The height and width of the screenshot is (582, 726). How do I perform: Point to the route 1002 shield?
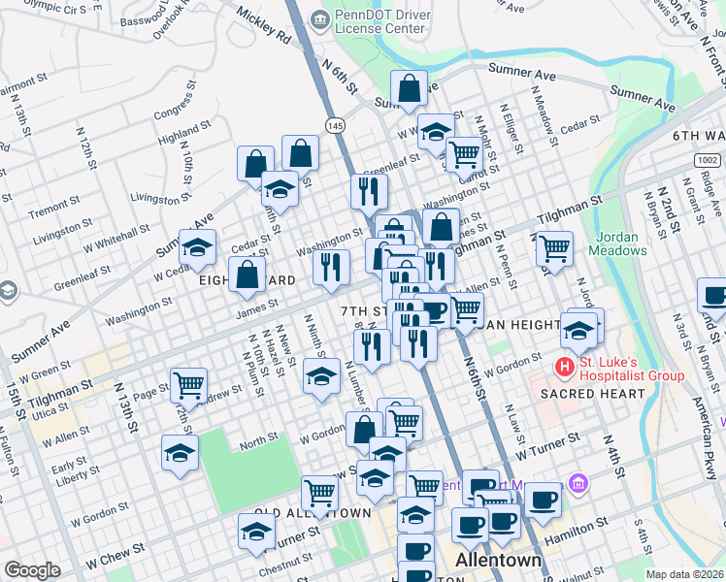706,159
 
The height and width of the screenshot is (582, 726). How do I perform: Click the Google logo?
32,570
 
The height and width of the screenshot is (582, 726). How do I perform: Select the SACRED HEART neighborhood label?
592,394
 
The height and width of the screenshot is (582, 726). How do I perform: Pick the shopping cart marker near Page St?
188,384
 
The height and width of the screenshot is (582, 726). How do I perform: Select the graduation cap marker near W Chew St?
256,531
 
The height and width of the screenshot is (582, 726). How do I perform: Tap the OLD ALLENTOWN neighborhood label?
313,511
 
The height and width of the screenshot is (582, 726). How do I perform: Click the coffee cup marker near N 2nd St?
712,295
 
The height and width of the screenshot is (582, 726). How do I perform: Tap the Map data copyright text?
685,574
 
